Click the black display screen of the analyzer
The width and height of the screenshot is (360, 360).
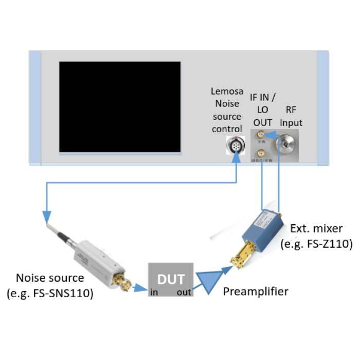tap(120, 107)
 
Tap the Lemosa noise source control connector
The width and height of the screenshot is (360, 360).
tap(236, 147)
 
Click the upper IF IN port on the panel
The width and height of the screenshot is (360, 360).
tap(262, 135)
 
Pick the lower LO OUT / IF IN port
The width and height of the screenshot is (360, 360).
tap(262, 153)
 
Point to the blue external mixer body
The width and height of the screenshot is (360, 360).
tap(268, 226)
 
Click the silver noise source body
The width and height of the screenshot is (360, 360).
tap(101, 259)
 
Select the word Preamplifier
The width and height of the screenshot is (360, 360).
tap(256, 292)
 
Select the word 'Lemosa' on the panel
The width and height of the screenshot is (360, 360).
tap(227, 91)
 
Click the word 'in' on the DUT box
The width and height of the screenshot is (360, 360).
tap(154, 292)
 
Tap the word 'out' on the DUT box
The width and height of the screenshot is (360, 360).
tap(184, 292)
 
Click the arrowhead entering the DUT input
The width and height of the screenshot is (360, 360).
tap(143, 289)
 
